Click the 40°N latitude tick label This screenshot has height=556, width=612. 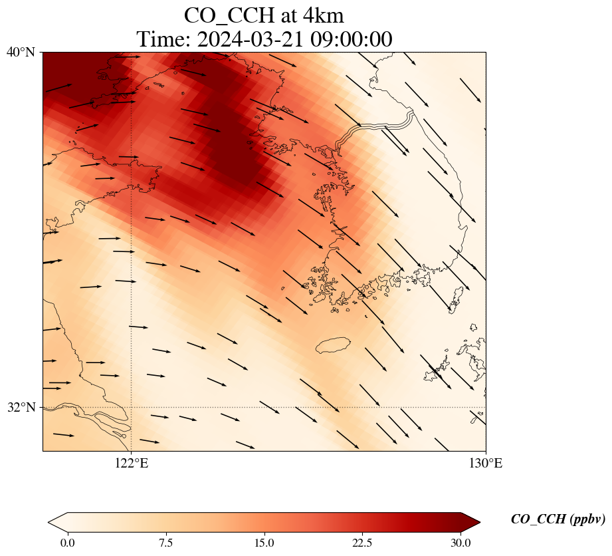coord(21,52)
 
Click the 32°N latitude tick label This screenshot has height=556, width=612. coord(21,407)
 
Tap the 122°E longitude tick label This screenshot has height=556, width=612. coord(132,464)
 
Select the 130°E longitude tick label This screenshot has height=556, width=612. coord(486,464)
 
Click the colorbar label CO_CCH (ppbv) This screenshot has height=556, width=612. coord(558,519)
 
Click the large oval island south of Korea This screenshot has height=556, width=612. coord(332,345)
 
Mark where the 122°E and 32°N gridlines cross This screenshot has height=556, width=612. coord(132,407)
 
